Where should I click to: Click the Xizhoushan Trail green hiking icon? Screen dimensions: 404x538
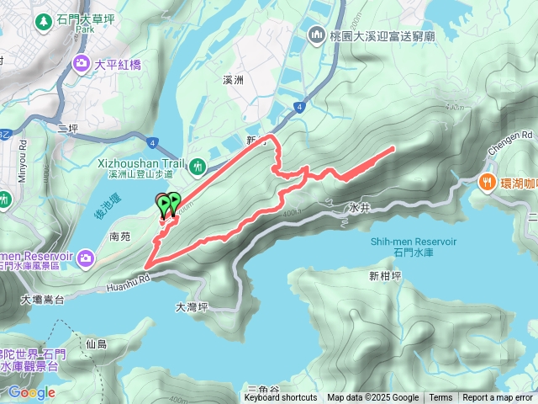(x=198, y=166)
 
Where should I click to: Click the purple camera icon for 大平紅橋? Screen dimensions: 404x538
(x=82, y=62)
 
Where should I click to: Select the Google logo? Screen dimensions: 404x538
(x=31, y=392)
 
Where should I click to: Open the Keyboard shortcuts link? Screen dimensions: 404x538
(x=281, y=398)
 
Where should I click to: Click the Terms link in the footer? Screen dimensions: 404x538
(x=440, y=398)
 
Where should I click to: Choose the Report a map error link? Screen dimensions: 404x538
(x=497, y=398)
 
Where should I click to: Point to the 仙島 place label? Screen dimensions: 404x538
(x=97, y=344)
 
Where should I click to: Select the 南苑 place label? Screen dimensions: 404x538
(x=120, y=238)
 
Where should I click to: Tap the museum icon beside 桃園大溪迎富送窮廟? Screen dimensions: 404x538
(x=317, y=35)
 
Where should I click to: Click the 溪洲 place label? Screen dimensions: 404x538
(x=233, y=80)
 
